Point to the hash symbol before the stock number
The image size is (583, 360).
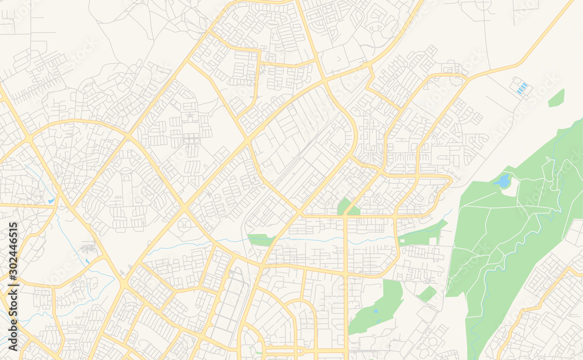pos(13,288)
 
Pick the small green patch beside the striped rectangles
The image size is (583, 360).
pos(556,98)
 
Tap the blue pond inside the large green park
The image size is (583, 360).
pos(502,181)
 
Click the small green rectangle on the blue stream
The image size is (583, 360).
pos(260,239)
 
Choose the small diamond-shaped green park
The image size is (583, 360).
pos(427,294)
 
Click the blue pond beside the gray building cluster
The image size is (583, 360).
pos(86,261)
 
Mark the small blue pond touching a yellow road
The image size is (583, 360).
pos(51,201)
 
